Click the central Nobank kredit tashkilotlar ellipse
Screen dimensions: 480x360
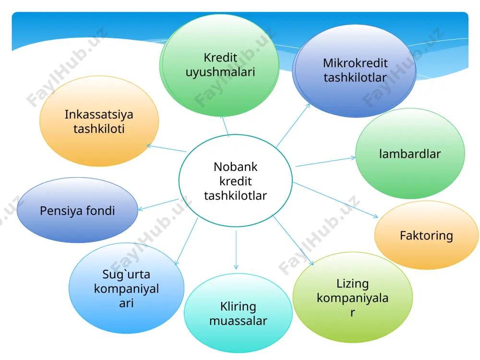click(235, 180)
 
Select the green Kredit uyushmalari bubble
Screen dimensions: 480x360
click(219, 65)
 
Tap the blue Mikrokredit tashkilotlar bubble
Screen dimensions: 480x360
click(354, 71)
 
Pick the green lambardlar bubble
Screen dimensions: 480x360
click(410, 154)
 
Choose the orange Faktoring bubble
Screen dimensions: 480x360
click(426, 235)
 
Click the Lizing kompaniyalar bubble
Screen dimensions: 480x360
click(353, 297)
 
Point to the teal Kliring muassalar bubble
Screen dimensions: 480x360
click(238, 313)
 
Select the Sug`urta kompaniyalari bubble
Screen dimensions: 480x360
click(126, 288)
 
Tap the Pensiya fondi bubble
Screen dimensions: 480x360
click(77, 210)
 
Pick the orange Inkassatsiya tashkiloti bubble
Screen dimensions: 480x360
click(99, 121)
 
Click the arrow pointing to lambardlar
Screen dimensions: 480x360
click(325, 162)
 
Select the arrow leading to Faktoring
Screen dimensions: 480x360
click(336, 200)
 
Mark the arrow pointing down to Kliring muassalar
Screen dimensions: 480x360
click(236, 250)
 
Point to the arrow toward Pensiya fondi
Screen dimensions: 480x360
click(158, 204)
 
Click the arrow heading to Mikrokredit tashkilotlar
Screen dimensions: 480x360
click(293, 125)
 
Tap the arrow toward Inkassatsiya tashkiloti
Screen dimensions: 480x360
click(167, 148)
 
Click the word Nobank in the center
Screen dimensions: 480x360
click(235, 167)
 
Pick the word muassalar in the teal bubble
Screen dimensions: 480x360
click(238, 321)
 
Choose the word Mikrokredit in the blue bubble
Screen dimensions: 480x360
click(355, 63)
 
